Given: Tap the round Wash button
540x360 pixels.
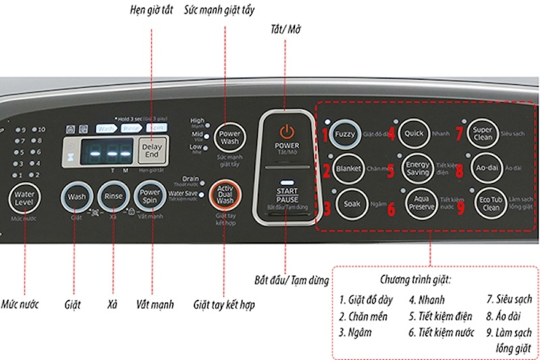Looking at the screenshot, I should click(76, 197).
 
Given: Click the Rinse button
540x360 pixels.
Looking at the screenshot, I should click(112, 197).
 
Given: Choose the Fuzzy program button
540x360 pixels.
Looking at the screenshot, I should click(345, 134).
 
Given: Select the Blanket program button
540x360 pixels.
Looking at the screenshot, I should click(348, 168).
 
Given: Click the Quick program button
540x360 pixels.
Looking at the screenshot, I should click(413, 133).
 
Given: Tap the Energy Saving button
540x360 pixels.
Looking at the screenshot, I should click(416, 168).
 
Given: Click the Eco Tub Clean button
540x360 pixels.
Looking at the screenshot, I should click(491, 203).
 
